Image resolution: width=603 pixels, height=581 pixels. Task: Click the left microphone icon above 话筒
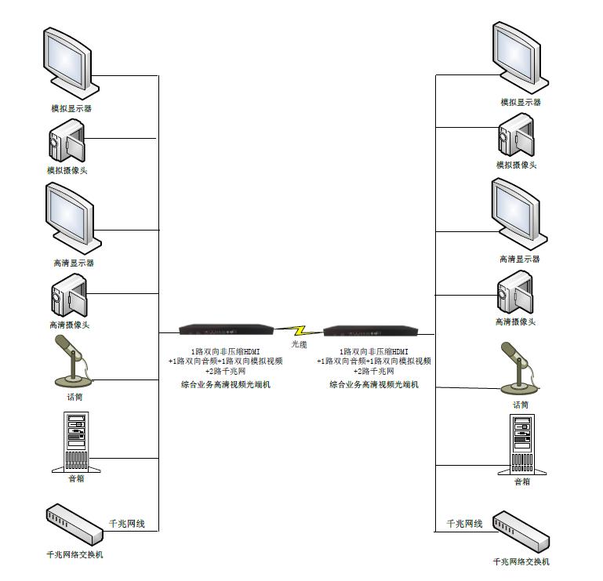tap(71, 361)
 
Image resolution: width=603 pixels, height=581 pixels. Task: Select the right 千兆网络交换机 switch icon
tap(521, 532)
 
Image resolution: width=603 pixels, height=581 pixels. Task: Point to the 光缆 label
tap(300, 344)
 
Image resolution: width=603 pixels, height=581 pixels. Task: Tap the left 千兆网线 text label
tap(126, 523)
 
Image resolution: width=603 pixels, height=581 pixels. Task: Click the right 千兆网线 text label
tap(464, 523)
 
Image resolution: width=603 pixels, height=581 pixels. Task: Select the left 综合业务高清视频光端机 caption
tap(225, 384)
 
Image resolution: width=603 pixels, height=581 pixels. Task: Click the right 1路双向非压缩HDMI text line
tap(374, 351)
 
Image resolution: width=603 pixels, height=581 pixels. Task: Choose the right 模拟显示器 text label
tap(521, 103)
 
